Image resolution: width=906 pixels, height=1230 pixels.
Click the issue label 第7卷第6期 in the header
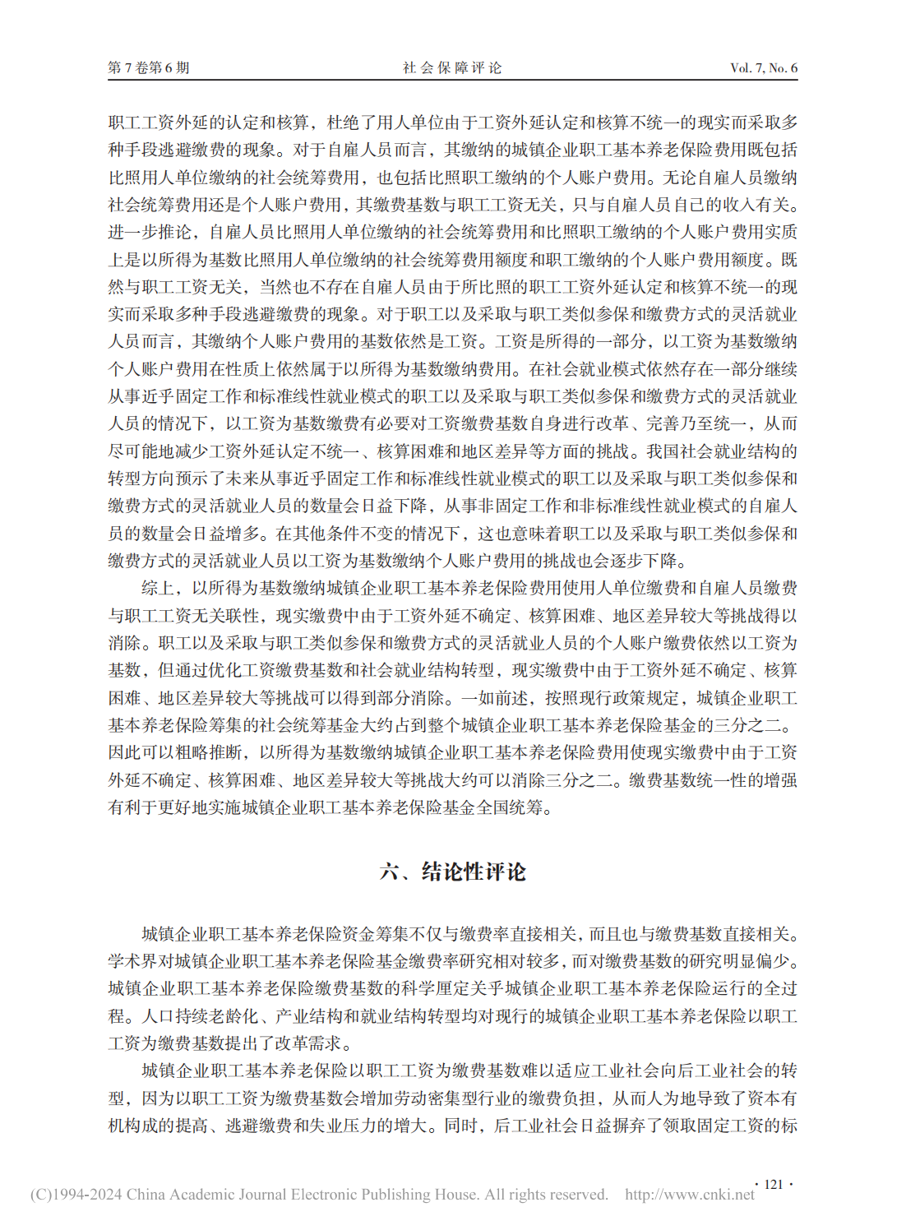[x=149, y=67]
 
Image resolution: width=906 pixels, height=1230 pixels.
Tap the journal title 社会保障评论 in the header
[x=452, y=67]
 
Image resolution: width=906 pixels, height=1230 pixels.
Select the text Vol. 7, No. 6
[x=763, y=67]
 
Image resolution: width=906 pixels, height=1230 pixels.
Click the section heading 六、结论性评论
[x=452, y=872]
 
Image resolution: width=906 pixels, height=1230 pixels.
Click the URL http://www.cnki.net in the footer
[x=689, y=1195]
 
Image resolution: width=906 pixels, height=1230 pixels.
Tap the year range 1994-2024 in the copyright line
[x=86, y=1195]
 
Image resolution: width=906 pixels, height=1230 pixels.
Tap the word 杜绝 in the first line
[x=343, y=123]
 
